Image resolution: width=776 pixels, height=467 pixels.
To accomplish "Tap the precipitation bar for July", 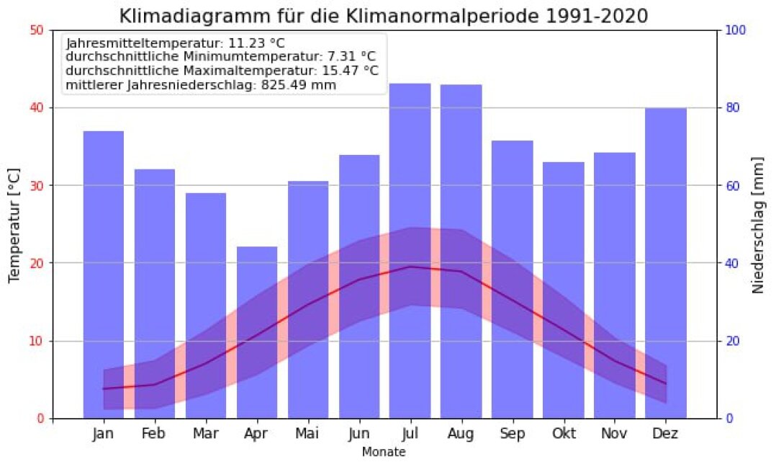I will [x=410, y=180].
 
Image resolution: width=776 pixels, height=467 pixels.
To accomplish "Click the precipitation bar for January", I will [x=104, y=216].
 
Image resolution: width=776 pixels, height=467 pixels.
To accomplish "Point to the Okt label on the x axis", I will [x=563, y=435].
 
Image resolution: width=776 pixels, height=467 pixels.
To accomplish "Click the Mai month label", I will [x=308, y=435].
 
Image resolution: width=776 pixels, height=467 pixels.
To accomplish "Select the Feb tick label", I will [x=155, y=435].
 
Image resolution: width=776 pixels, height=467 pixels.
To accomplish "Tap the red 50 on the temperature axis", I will [x=37, y=30].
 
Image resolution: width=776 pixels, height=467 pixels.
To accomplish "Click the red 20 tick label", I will [x=37, y=263].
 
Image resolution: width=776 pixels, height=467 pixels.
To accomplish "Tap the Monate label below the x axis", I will [x=384, y=453].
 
